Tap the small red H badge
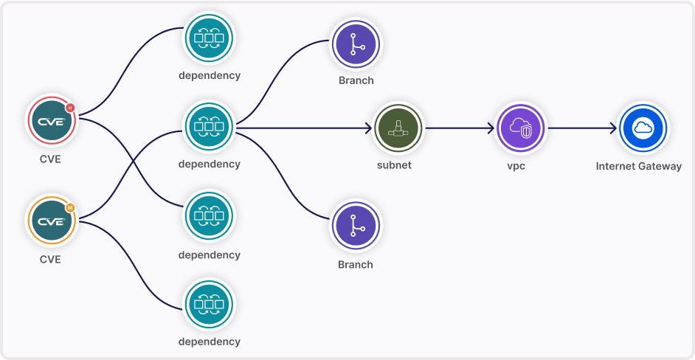click(x=70, y=108)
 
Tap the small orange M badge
click(x=70, y=207)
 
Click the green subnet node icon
click(x=398, y=128)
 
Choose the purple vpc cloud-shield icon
click(x=520, y=128)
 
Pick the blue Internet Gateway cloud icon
click(x=643, y=128)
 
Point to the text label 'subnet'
click(x=394, y=165)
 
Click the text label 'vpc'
click(x=516, y=166)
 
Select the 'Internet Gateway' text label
click(x=639, y=166)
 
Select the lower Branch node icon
click(x=356, y=226)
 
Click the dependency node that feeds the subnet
click(x=209, y=128)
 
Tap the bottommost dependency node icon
click(x=209, y=304)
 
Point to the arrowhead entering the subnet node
click(x=368, y=128)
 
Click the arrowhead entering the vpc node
click(x=490, y=128)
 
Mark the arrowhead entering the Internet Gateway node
click(x=612, y=128)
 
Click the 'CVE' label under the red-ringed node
click(x=50, y=159)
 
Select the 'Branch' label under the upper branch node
click(x=356, y=80)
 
